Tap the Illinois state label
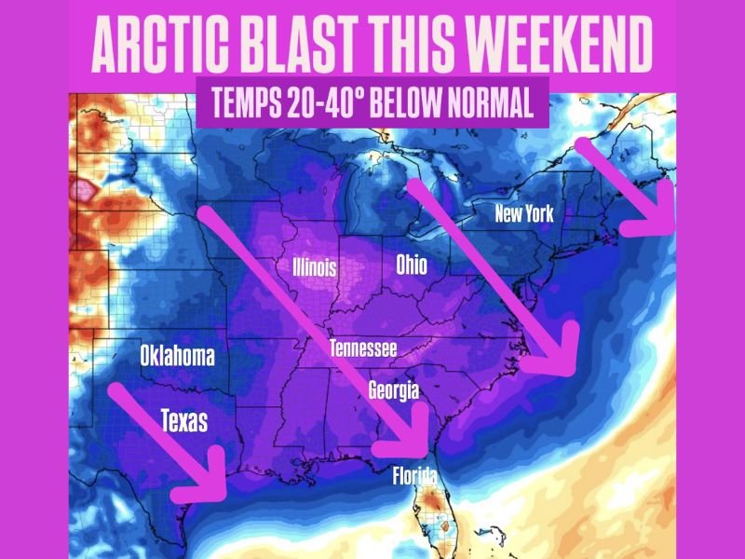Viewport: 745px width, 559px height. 314,268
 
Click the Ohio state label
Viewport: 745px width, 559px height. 411,265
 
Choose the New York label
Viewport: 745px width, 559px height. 524,214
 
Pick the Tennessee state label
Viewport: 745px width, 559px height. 363,349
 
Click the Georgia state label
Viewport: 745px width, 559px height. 393,389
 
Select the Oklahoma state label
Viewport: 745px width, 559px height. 177,355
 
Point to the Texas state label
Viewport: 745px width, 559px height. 184,420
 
